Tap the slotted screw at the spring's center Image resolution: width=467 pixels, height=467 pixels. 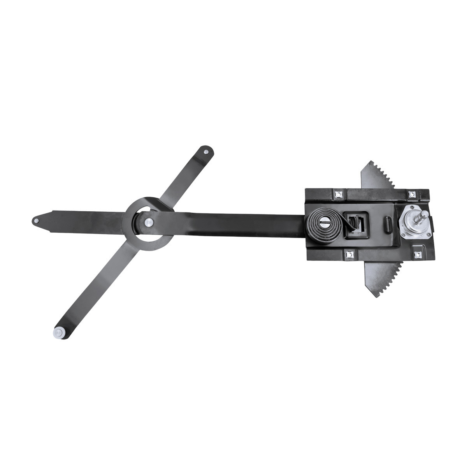[323, 224]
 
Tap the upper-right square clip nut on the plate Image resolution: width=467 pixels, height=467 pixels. [411, 193]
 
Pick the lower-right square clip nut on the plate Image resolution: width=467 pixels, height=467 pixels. [418, 255]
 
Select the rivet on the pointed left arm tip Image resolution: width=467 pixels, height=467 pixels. [37, 220]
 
